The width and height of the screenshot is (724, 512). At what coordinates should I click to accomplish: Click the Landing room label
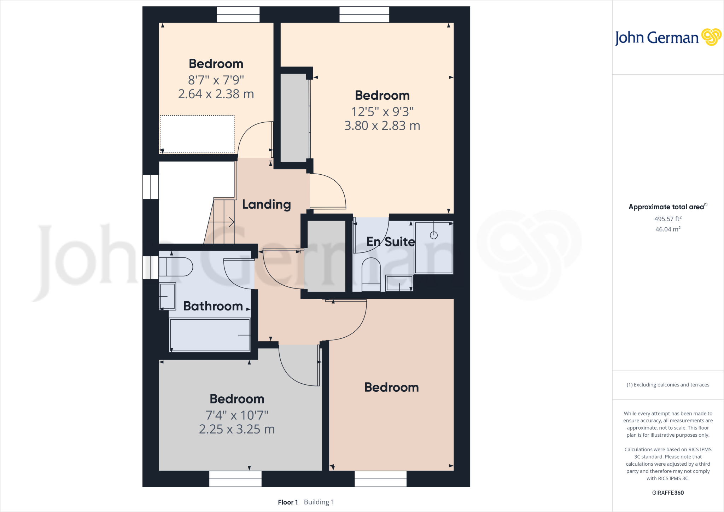[266, 204]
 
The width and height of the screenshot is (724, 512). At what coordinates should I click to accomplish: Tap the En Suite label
[390, 242]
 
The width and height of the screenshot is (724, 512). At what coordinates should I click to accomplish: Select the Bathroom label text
[213, 306]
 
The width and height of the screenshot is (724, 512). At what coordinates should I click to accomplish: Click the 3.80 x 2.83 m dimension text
[382, 126]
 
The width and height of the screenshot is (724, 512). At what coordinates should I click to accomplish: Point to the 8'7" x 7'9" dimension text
[216, 80]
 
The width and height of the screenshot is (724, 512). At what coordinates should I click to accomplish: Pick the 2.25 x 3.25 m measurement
[237, 429]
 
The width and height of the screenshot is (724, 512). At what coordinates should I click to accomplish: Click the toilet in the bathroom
[176, 267]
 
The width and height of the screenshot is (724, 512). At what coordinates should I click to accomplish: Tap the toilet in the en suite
[371, 274]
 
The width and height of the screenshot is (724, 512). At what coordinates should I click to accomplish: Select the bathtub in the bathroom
[210, 335]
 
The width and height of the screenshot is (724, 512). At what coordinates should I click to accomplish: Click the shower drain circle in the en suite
[434, 235]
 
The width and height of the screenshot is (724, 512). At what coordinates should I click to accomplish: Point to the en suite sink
[399, 283]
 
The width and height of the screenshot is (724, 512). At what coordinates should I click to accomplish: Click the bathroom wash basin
[167, 296]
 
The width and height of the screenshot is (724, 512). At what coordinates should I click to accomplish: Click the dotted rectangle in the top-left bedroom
[197, 134]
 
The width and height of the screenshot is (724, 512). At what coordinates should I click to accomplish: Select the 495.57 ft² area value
[668, 219]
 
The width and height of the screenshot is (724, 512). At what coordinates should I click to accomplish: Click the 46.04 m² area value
[668, 229]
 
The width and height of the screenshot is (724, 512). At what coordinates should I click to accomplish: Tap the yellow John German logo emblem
[711, 37]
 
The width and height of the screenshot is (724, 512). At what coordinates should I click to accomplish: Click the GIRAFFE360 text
[668, 493]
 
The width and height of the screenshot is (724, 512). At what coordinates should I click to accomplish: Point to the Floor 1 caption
[288, 502]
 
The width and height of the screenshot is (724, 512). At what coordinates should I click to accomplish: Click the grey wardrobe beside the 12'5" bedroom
[294, 117]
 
